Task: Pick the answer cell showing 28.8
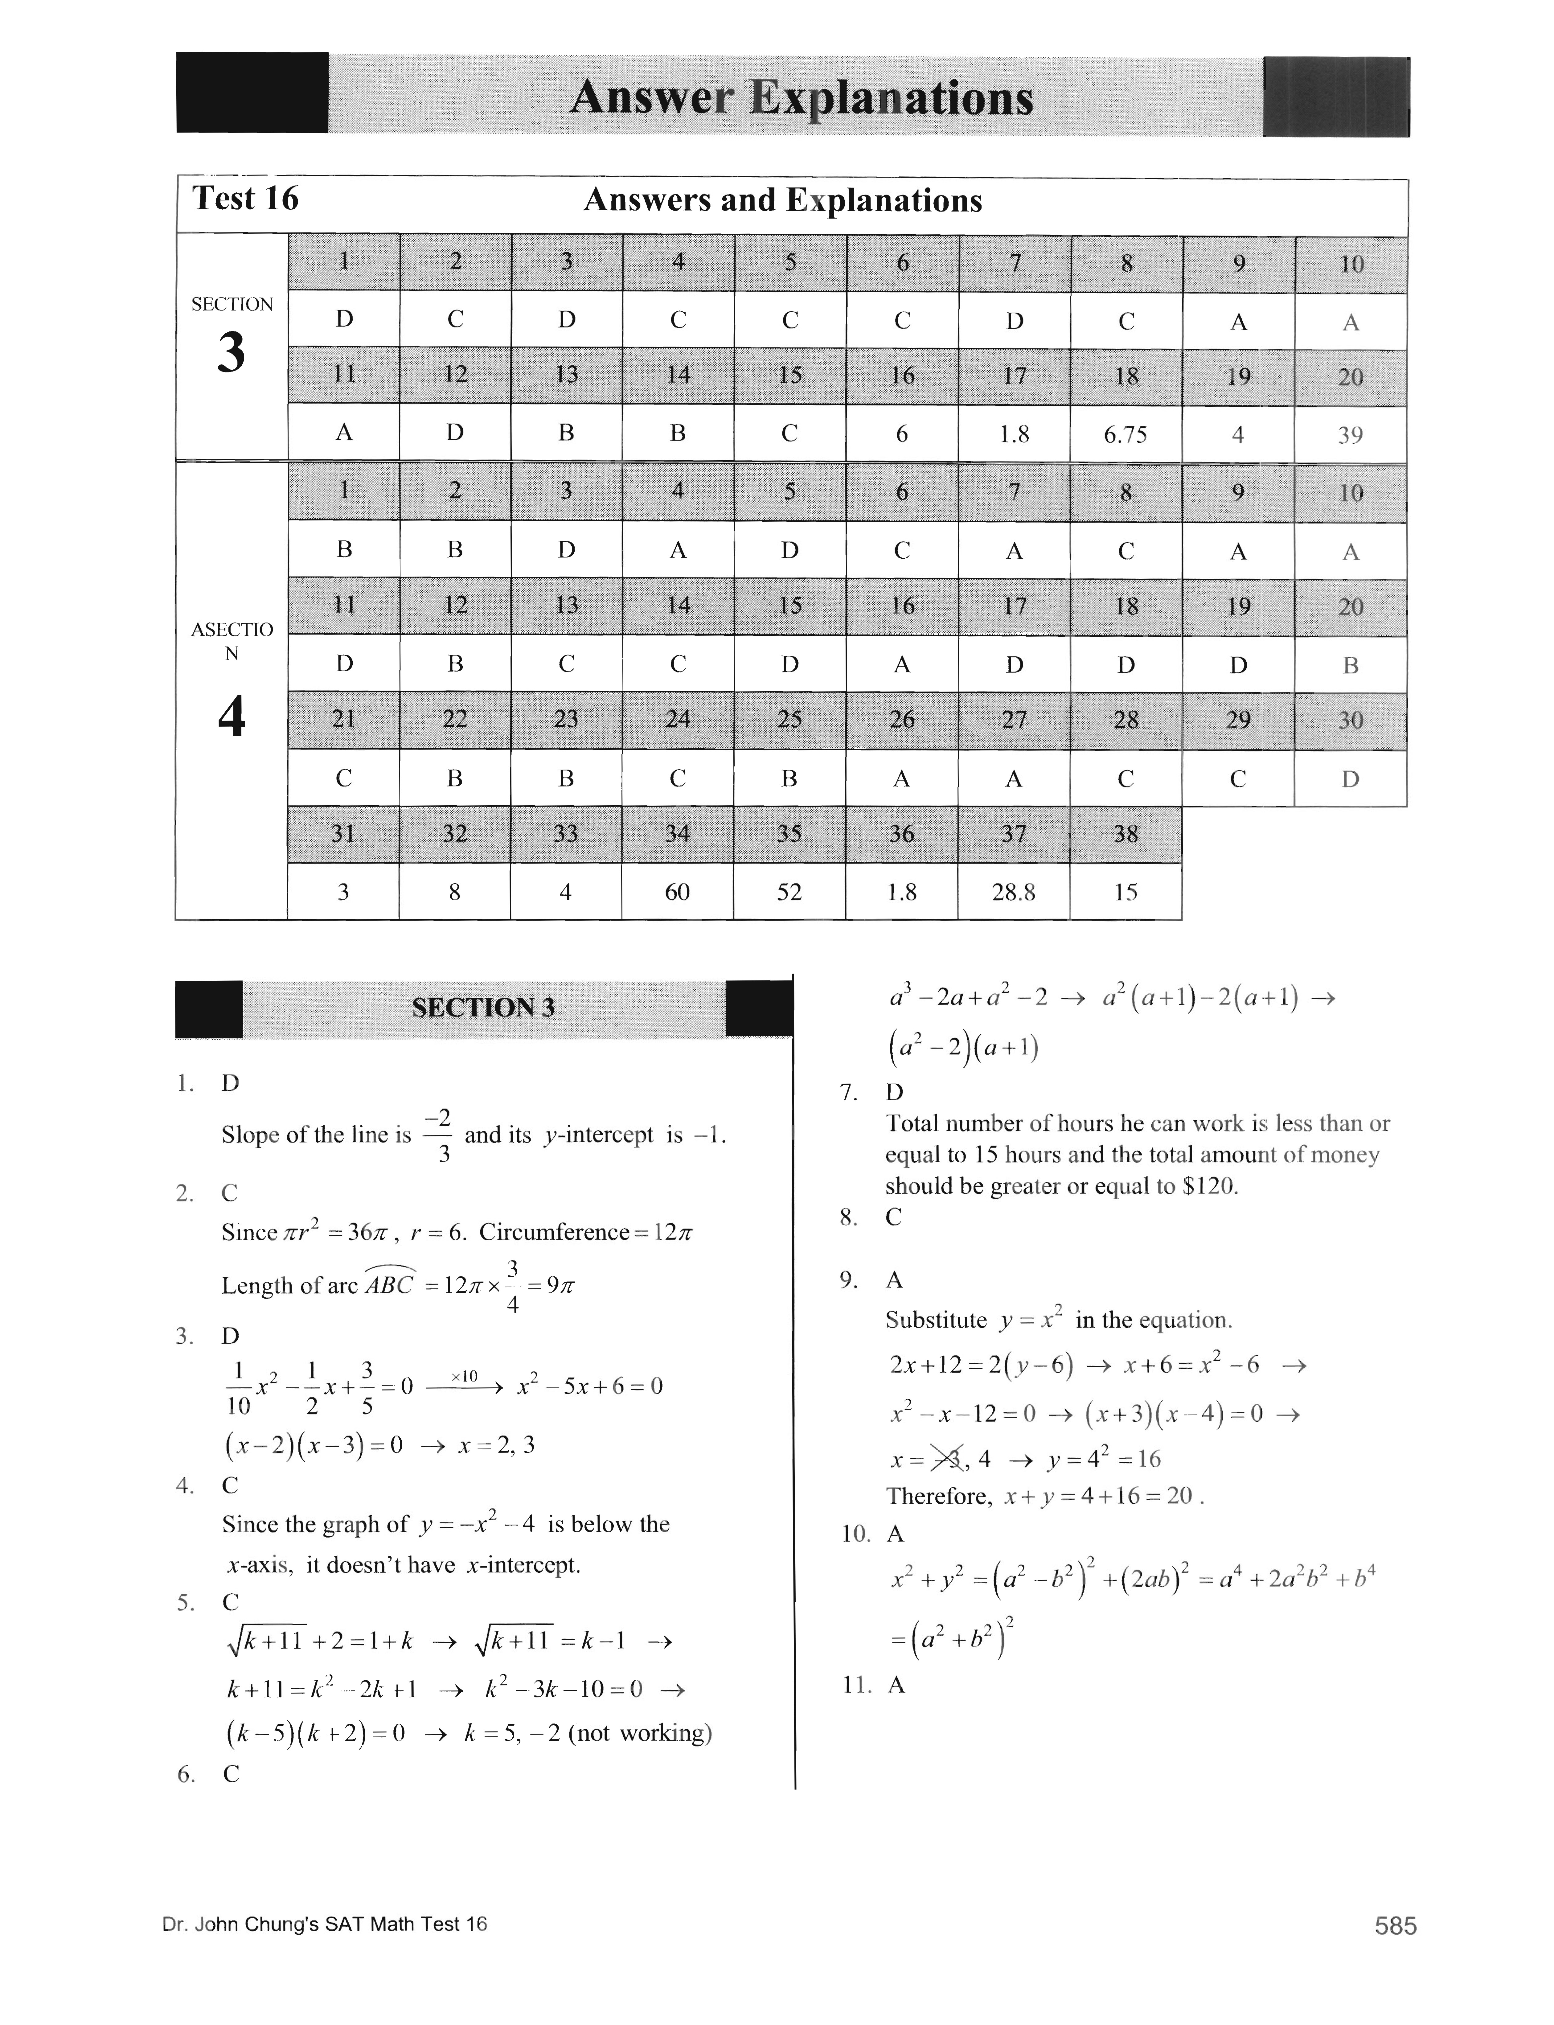point(1014,892)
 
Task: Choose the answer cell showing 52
point(789,892)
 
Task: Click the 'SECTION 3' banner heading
point(483,1007)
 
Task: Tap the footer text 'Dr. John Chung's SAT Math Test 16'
point(324,1924)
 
